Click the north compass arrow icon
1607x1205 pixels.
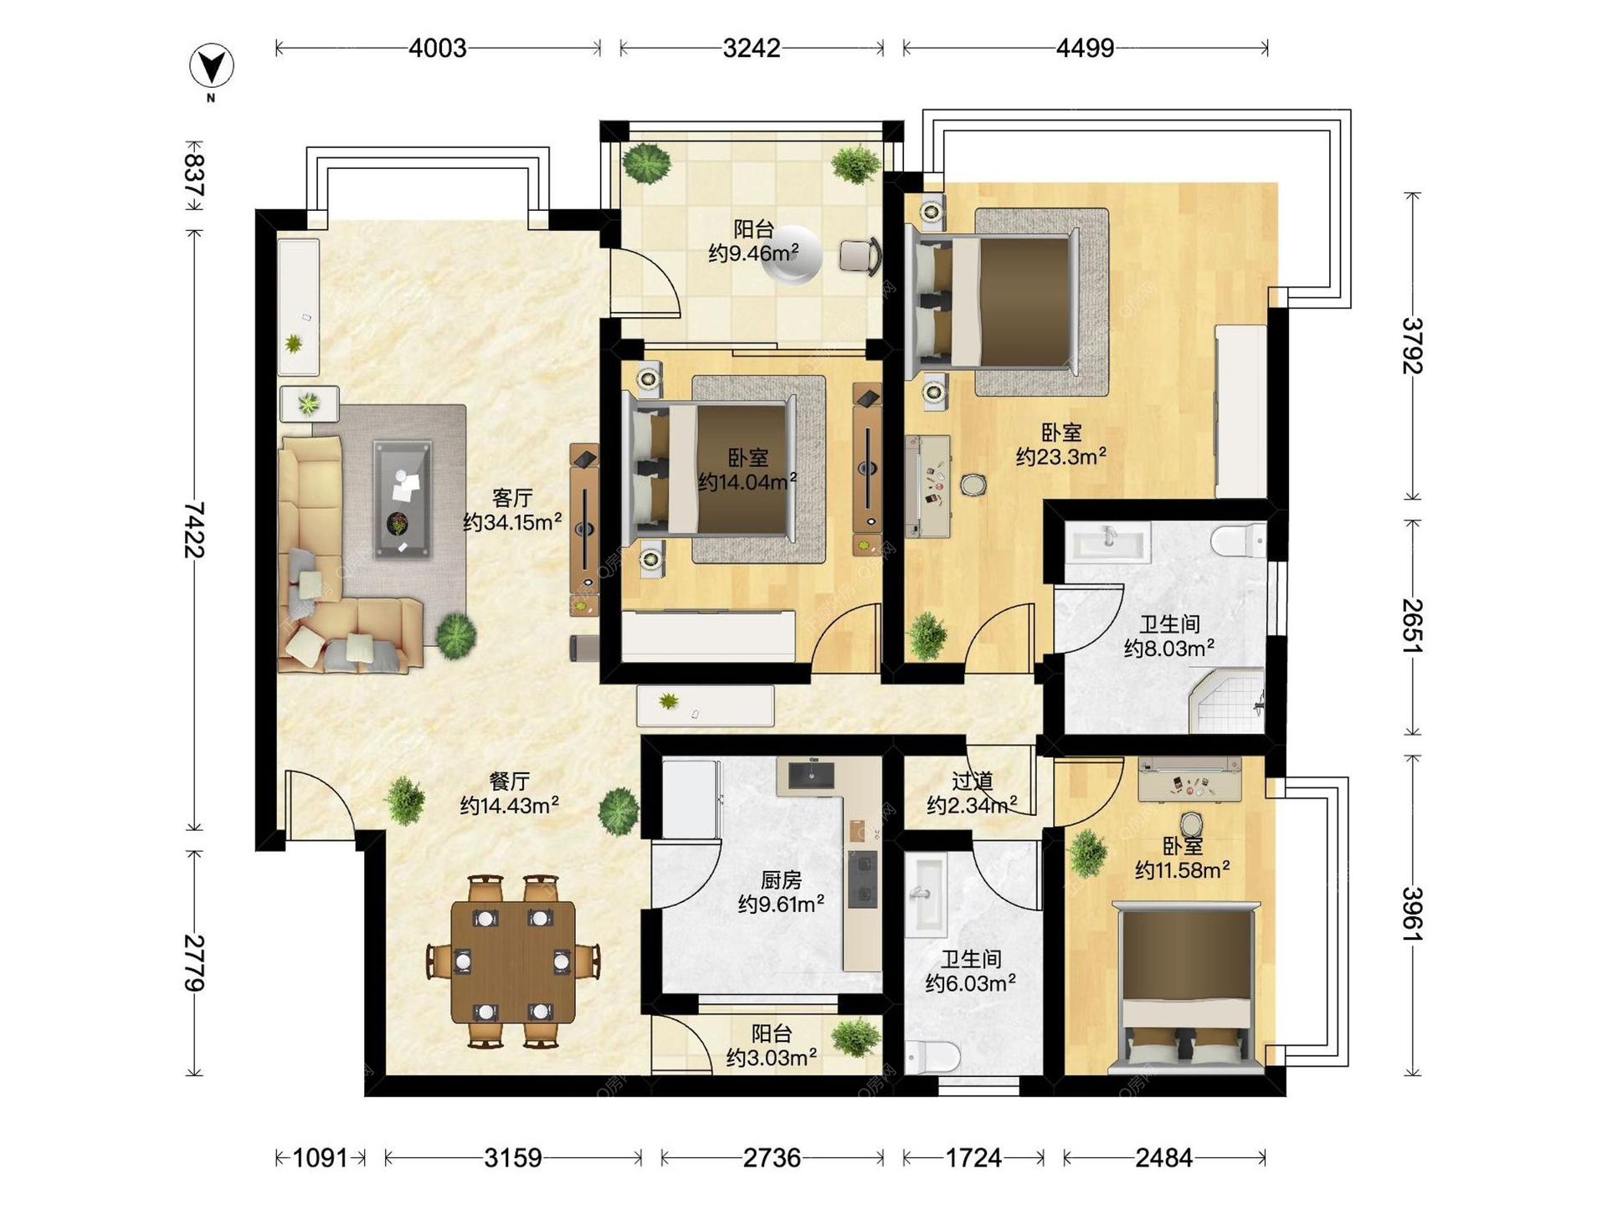pos(211,66)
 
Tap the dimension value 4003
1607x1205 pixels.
pos(438,49)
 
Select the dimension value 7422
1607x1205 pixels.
pos(194,529)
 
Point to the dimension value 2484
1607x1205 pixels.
pos(1163,1158)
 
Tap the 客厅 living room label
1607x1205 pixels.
pos(512,498)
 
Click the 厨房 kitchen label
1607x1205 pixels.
pos(781,880)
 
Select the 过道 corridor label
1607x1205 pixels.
pos(972,782)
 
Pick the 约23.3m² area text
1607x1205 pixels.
pos(1061,456)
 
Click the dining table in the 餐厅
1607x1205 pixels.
pos(513,962)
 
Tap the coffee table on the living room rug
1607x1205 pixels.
pos(403,499)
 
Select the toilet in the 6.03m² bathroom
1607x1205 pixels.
pos(933,1056)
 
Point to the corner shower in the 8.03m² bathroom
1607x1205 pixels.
pos(1227,701)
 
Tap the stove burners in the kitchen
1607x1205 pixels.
pos(863,879)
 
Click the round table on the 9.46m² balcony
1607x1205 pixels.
pos(790,255)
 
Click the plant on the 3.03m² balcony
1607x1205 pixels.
pos(855,1038)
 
